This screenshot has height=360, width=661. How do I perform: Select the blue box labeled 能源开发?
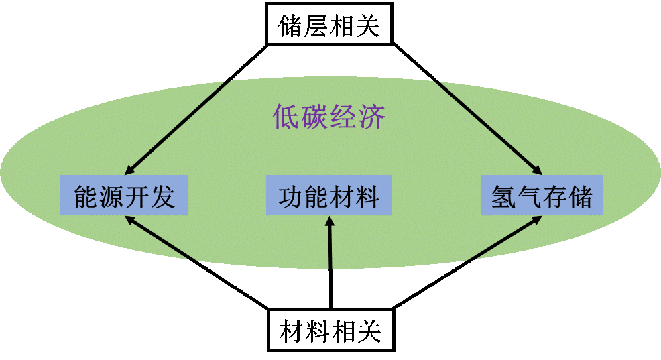124,196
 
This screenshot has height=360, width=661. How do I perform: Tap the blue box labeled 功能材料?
328,196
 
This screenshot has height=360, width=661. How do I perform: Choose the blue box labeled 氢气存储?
542,196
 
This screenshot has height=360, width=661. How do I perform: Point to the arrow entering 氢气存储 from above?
489,127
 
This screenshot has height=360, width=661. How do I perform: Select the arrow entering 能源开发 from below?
161,238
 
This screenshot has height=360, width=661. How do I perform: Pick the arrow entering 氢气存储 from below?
503,238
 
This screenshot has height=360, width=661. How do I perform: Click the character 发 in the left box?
162,196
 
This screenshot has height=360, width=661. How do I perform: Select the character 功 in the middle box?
290,196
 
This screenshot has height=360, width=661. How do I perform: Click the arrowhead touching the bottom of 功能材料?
329,222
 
